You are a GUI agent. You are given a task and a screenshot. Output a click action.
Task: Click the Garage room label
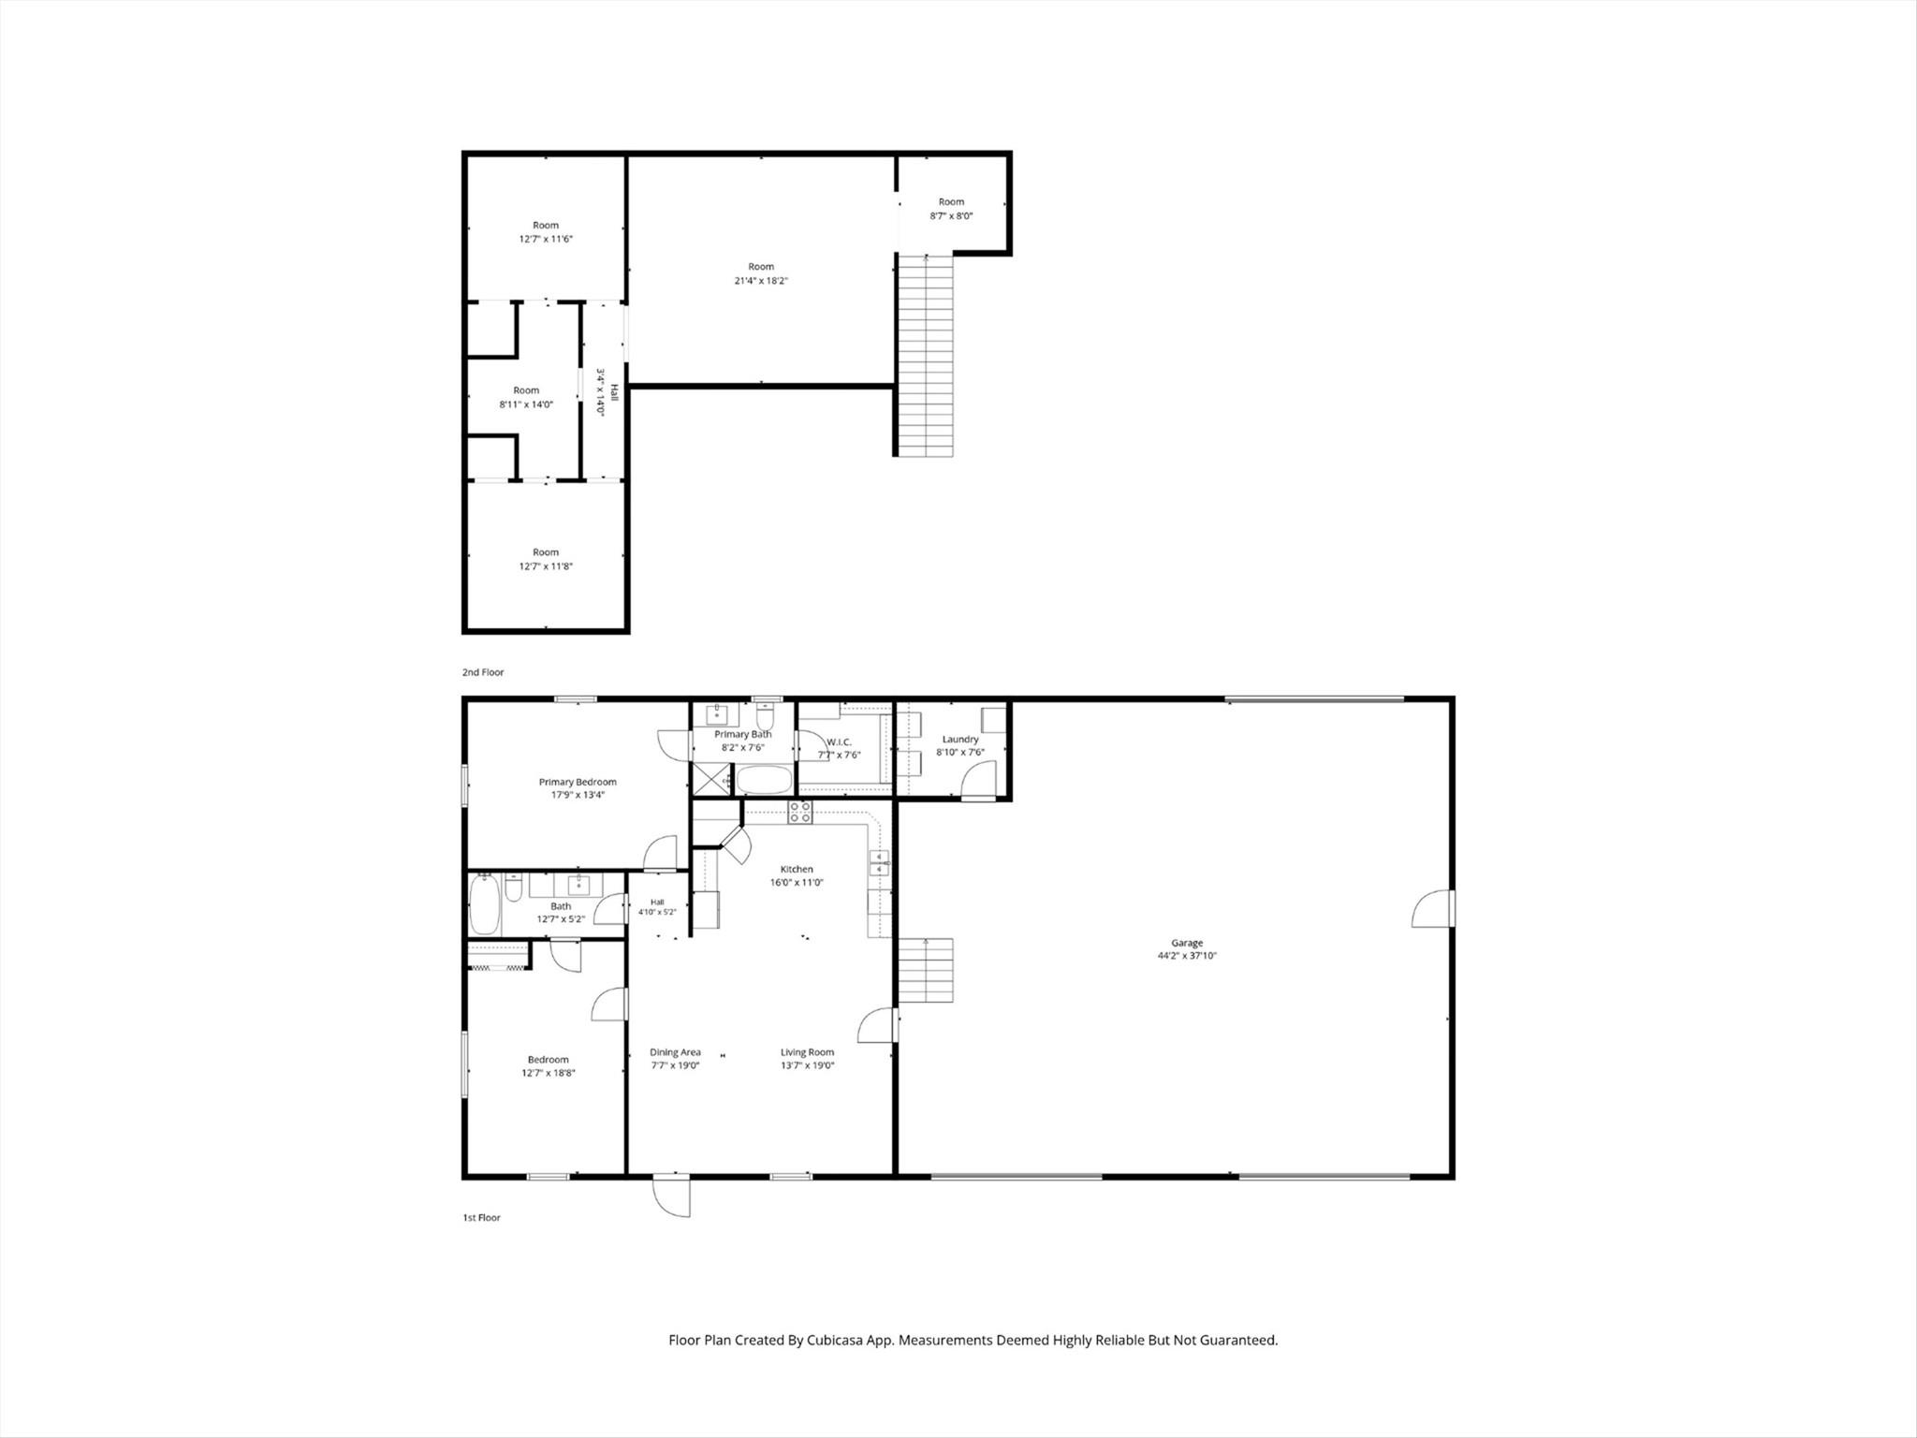click(x=1187, y=943)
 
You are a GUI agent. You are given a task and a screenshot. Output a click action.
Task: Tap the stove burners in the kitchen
click(x=800, y=812)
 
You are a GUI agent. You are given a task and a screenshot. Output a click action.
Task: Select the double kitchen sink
click(x=879, y=863)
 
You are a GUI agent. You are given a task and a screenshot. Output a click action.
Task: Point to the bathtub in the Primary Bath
click(x=764, y=780)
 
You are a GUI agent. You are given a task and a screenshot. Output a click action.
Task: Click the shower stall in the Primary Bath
click(x=711, y=780)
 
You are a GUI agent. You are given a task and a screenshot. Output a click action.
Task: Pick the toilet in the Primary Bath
click(x=766, y=718)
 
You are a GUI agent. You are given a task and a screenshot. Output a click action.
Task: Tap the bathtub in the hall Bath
click(x=485, y=904)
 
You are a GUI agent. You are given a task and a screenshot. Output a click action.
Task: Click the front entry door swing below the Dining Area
click(x=672, y=1196)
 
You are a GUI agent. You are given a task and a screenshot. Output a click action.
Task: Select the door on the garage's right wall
click(x=1432, y=908)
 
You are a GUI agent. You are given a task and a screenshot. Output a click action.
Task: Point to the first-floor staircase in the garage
click(x=926, y=970)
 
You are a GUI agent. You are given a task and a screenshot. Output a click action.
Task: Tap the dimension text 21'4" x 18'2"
click(x=761, y=281)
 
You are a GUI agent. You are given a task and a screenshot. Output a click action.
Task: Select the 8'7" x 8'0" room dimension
click(x=951, y=215)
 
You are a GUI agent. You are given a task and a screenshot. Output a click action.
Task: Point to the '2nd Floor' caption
click(x=483, y=672)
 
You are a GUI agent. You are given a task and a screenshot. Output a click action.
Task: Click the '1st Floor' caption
click(x=482, y=1218)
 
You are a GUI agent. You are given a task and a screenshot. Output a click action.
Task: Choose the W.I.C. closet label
click(x=839, y=742)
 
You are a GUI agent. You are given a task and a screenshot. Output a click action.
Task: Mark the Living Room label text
click(x=807, y=1052)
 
